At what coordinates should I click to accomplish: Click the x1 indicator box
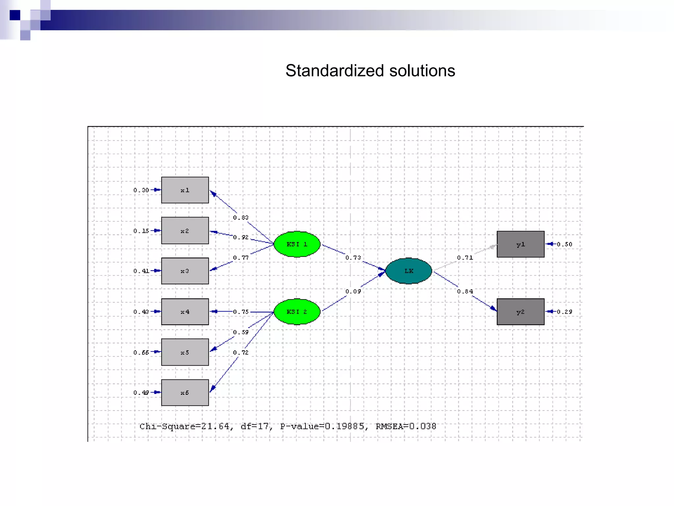point(185,190)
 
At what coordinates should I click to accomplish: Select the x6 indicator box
point(185,392)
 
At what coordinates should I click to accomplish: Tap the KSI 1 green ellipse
point(297,244)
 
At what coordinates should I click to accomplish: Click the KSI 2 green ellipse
point(297,312)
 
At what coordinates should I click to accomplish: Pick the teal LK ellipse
point(408,271)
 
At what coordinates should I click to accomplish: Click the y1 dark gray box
point(520,244)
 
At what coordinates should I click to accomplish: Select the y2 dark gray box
point(520,312)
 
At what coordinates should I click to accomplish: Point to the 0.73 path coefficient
point(353,258)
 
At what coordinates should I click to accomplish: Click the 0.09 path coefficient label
point(353,291)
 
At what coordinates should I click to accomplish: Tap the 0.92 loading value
point(241,237)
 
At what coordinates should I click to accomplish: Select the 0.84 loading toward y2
point(465,291)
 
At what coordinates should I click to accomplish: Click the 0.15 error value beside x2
point(141,231)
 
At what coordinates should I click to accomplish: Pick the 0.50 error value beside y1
point(564,244)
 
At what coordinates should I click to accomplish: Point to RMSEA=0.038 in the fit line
point(406,426)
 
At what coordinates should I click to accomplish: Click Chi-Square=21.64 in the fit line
point(184,426)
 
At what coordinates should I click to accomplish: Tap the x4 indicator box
point(185,312)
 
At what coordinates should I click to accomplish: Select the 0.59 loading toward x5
point(241,332)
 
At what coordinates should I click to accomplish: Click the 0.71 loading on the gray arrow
point(465,258)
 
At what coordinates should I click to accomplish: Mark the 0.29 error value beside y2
point(564,312)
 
